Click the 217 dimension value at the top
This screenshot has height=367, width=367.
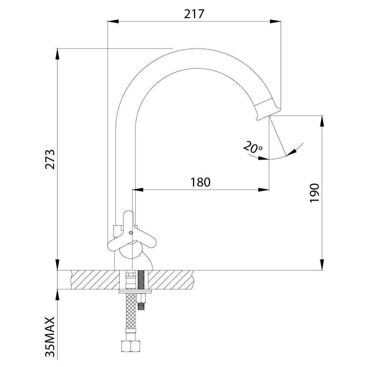[194, 14]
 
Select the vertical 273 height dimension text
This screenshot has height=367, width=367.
[50, 159]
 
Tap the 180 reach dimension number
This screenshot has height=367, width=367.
[200, 182]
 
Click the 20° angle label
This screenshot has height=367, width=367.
[253, 147]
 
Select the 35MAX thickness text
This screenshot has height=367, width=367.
[51, 337]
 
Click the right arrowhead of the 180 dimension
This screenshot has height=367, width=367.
[264, 190]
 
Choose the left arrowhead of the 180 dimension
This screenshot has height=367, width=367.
[138, 190]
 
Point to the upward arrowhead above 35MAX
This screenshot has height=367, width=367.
[57, 294]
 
